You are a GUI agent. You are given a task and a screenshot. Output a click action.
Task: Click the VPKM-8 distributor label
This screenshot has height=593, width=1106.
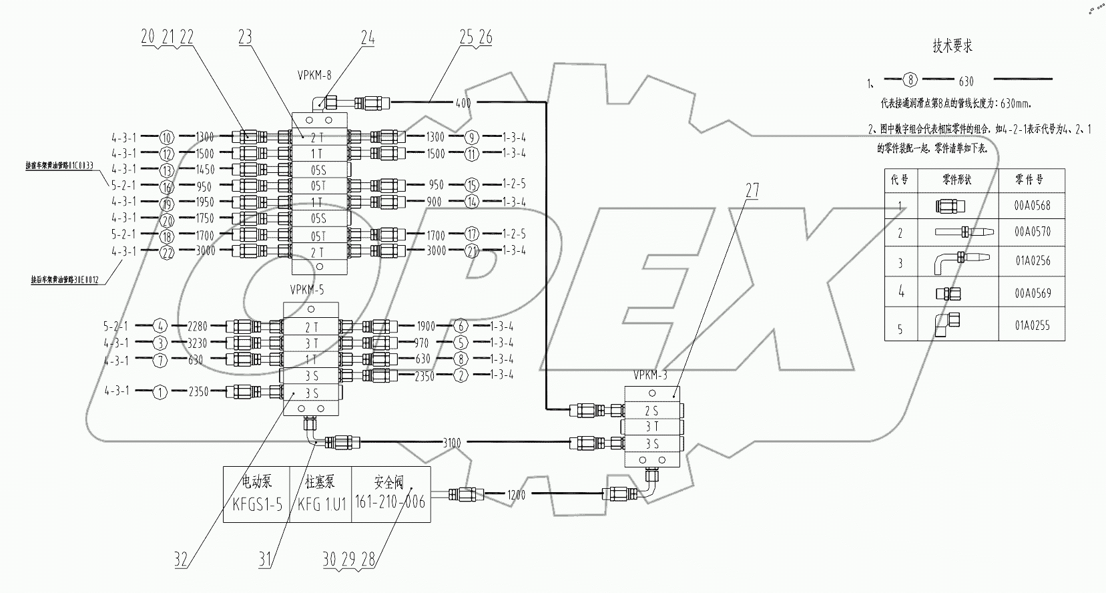(x=314, y=75)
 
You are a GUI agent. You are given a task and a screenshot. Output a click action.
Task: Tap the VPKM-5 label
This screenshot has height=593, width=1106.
(x=307, y=290)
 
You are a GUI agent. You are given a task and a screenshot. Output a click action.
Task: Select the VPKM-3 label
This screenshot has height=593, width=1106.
(x=650, y=375)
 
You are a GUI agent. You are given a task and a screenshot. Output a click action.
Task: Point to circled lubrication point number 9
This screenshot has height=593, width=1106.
(x=472, y=138)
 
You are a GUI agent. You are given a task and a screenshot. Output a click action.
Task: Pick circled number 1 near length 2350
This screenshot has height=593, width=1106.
(x=160, y=392)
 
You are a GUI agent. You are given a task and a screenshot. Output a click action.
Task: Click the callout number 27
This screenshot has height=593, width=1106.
(x=752, y=190)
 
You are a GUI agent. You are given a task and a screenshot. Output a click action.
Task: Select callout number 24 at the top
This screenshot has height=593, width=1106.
(x=368, y=38)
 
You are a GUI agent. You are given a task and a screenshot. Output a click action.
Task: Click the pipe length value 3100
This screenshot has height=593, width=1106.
(x=452, y=442)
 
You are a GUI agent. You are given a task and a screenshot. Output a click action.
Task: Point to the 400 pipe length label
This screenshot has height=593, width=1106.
(x=463, y=103)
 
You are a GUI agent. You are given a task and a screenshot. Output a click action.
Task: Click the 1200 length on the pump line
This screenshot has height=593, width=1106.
(x=517, y=495)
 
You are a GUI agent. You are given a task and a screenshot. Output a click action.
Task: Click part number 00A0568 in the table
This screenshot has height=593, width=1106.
(x=1032, y=206)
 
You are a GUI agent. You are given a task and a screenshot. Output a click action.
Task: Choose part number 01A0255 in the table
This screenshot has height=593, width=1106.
(x=1032, y=326)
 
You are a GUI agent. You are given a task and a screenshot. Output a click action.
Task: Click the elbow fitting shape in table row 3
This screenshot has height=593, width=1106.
(x=960, y=262)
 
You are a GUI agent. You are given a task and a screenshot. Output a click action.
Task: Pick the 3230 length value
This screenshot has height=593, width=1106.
(x=199, y=343)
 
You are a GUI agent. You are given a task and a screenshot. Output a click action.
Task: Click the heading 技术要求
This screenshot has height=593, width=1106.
(x=952, y=46)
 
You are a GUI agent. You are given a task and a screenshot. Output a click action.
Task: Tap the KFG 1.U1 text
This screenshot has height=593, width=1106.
(x=322, y=505)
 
